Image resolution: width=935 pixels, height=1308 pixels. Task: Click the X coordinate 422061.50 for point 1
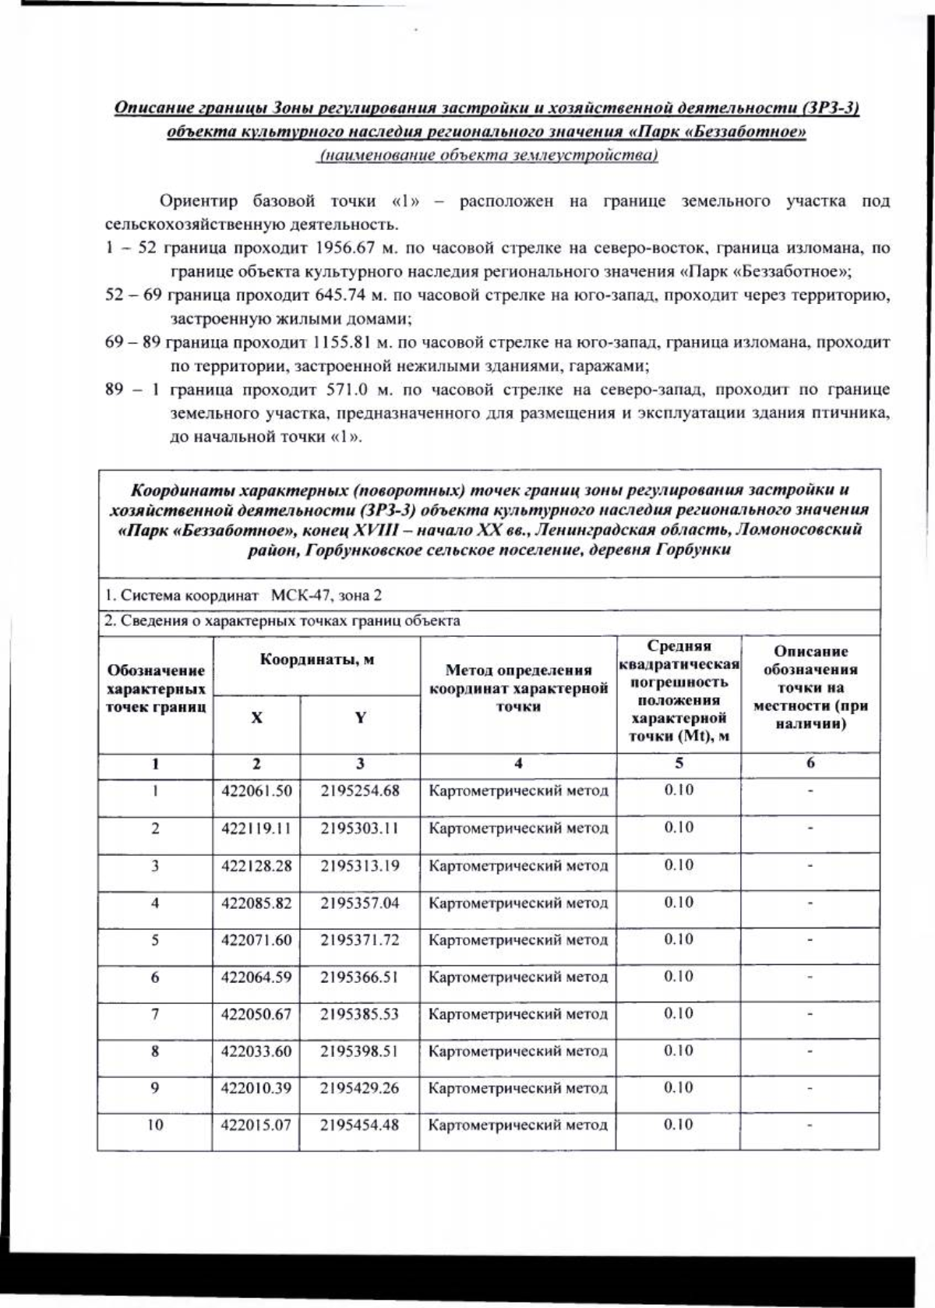click(256, 790)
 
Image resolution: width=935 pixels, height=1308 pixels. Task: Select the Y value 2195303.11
click(360, 828)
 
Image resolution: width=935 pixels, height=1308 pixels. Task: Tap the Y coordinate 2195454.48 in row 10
click(360, 1125)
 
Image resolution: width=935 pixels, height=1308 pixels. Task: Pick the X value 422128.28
click(256, 865)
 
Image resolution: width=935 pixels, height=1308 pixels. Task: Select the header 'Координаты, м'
click(317, 660)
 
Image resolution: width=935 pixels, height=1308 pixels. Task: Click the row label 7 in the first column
click(155, 1014)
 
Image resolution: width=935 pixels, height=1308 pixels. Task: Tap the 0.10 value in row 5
click(678, 939)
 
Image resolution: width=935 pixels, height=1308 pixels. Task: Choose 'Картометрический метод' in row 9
click(518, 1088)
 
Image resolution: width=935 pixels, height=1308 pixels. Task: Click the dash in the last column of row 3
click(810, 865)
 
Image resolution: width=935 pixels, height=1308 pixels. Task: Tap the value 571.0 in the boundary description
click(355, 390)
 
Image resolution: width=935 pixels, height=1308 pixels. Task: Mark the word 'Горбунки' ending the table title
click(693, 550)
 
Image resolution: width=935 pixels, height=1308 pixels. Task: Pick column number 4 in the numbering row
click(518, 764)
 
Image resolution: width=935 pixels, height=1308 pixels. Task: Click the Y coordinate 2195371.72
click(360, 939)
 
